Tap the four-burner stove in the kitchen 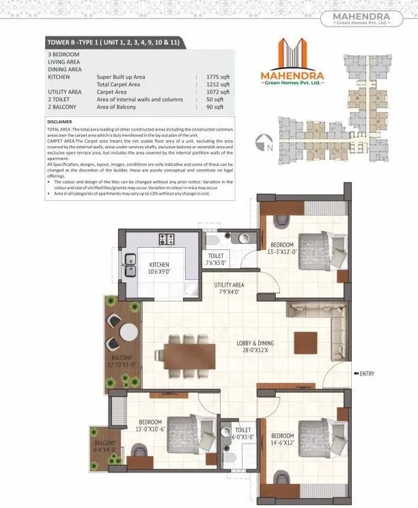click(167, 239)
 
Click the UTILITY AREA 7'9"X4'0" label click(230, 287)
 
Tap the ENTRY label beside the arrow click(365, 373)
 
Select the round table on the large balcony click(128, 333)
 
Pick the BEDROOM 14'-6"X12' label click(282, 439)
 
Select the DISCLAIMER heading click(62, 123)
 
